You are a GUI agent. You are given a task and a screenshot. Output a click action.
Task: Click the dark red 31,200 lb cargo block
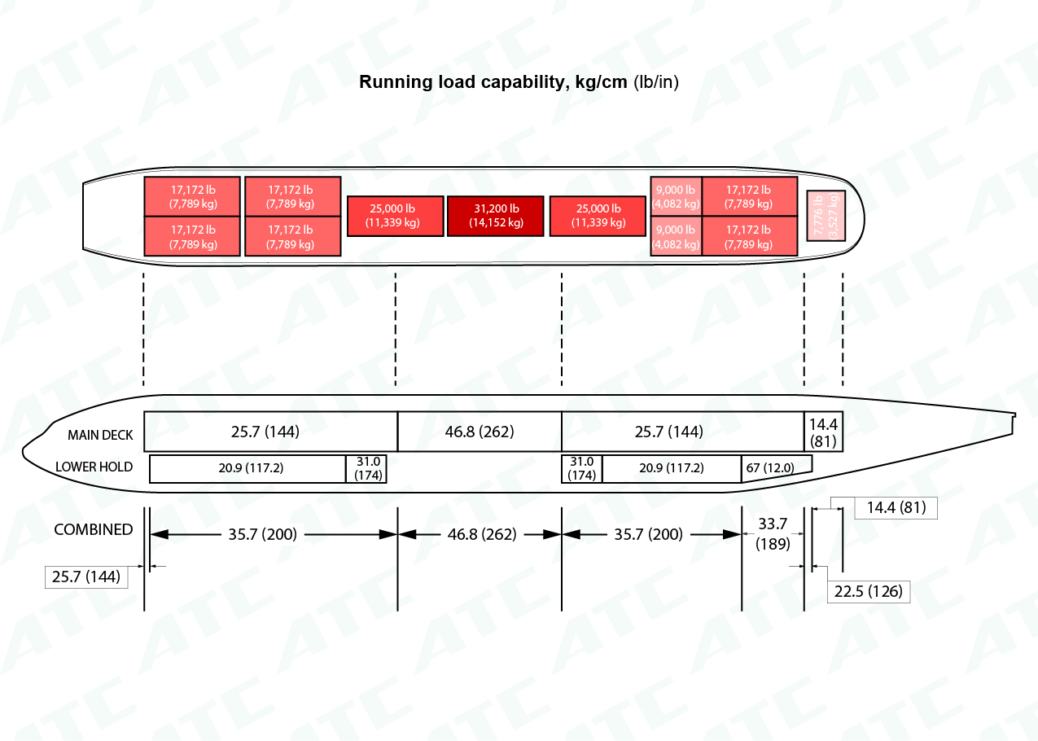[x=495, y=216]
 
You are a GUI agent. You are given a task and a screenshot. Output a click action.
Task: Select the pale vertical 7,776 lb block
[x=826, y=216]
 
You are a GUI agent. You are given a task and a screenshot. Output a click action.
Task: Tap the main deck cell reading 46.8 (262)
[x=480, y=432]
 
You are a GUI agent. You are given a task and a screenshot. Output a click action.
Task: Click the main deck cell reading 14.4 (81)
[x=823, y=432]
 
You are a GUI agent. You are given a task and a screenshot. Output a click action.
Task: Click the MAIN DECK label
[x=100, y=435]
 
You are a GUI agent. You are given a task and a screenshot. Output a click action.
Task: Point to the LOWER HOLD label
[x=94, y=467]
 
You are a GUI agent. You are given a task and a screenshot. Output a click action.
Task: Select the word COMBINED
[x=94, y=529]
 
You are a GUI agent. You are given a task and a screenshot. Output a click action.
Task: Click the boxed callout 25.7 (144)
[x=86, y=577]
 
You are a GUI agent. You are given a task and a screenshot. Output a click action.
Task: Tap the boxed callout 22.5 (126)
[x=869, y=592]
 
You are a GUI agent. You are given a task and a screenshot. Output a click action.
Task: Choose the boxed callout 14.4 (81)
[x=896, y=508]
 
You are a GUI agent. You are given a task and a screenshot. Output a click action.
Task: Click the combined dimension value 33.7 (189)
[x=773, y=533]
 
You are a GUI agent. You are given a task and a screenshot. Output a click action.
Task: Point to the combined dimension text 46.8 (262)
[x=482, y=534]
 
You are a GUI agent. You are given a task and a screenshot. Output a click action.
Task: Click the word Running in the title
[x=396, y=82]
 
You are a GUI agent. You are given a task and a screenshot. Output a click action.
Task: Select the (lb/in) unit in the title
[x=655, y=82]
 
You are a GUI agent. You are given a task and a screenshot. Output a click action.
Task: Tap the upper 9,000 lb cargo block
[x=676, y=196]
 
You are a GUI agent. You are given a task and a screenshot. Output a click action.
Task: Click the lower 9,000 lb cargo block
[x=676, y=236]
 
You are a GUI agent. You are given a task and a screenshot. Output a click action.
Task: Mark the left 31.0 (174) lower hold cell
[x=366, y=468]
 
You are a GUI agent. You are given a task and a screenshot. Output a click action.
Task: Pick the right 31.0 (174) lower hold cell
[x=582, y=468]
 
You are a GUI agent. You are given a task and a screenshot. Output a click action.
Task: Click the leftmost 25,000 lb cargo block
[x=396, y=216]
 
